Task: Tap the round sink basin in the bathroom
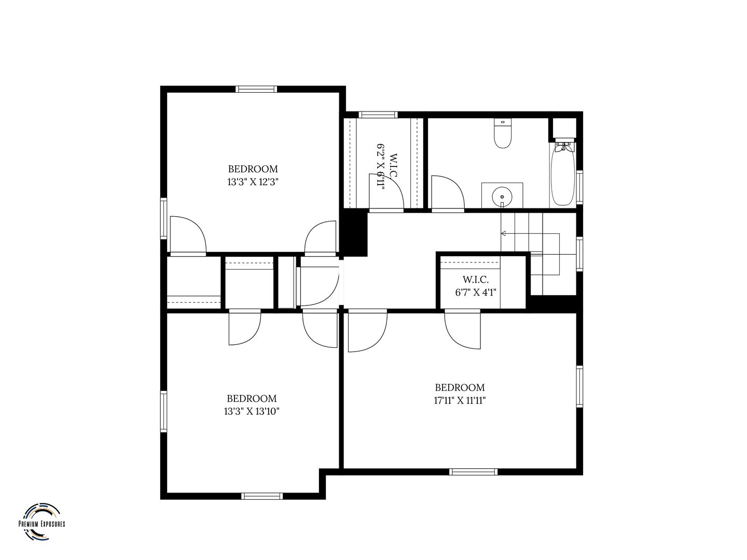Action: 502,196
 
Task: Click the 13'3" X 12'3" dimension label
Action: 253,182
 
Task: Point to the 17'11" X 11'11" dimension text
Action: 460,400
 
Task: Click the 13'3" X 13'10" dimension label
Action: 252,411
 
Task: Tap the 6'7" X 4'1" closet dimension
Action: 476,292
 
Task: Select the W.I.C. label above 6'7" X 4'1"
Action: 475,280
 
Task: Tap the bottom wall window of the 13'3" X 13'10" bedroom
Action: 262,496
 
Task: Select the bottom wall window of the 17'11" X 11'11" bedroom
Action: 473,472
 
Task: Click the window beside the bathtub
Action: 579,187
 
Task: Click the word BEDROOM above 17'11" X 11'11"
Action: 460,387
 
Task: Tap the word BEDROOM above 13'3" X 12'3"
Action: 253,169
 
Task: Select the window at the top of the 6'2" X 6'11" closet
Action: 378,115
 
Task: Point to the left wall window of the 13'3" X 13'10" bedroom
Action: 164,411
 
